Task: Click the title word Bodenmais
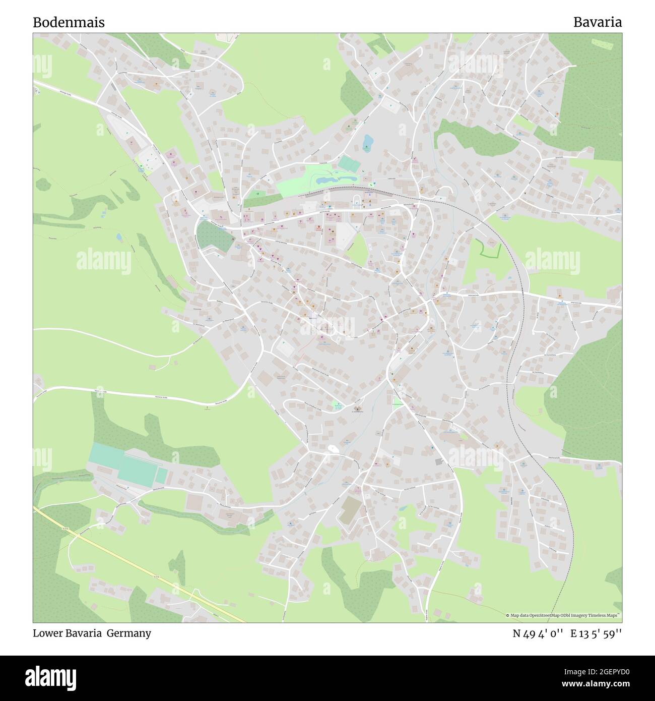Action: click(69, 22)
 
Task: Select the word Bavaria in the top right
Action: click(597, 22)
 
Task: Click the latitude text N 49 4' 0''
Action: click(537, 633)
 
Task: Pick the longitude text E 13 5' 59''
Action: click(596, 633)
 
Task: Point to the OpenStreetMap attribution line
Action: click(563, 615)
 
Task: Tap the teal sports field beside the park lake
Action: click(347, 163)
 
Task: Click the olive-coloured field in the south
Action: click(348, 511)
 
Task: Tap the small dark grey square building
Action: click(439, 461)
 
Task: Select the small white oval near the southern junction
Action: click(332, 448)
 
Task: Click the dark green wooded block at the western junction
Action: click(214, 236)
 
